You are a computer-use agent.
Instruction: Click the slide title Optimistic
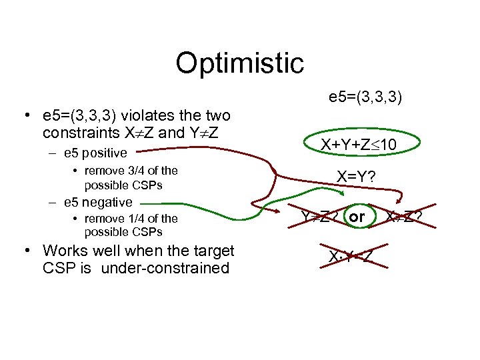tap(239, 63)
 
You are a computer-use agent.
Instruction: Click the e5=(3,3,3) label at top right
tap(365, 98)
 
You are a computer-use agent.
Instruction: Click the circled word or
tap(357, 217)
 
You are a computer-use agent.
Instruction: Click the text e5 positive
tap(95, 153)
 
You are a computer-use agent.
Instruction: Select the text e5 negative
tap(98, 202)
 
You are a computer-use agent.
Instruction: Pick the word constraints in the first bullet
tap(74, 133)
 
